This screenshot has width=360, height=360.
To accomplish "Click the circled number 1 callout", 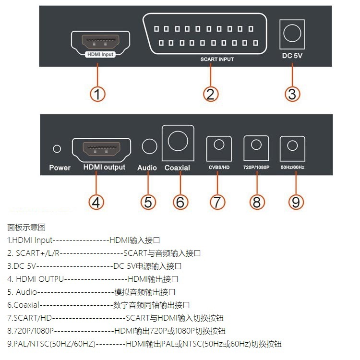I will [x=97, y=94].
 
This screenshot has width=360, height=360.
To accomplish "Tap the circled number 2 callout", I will [x=210, y=94].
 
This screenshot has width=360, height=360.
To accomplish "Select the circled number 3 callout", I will [x=292, y=94].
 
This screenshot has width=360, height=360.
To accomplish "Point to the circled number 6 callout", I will [x=180, y=202].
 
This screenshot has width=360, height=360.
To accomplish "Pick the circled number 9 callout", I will [x=296, y=202].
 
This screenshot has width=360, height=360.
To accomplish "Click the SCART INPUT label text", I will [x=217, y=60].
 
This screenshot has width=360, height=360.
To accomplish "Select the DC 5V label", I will [x=292, y=56].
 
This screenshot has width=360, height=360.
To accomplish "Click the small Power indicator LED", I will [x=57, y=149].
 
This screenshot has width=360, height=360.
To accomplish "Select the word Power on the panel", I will [x=60, y=168].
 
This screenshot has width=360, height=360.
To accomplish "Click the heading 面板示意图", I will [x=26, y=227].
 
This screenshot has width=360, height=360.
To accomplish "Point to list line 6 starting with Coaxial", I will [x=98, y=305].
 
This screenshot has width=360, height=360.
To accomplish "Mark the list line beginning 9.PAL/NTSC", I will [x=144, y=344].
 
